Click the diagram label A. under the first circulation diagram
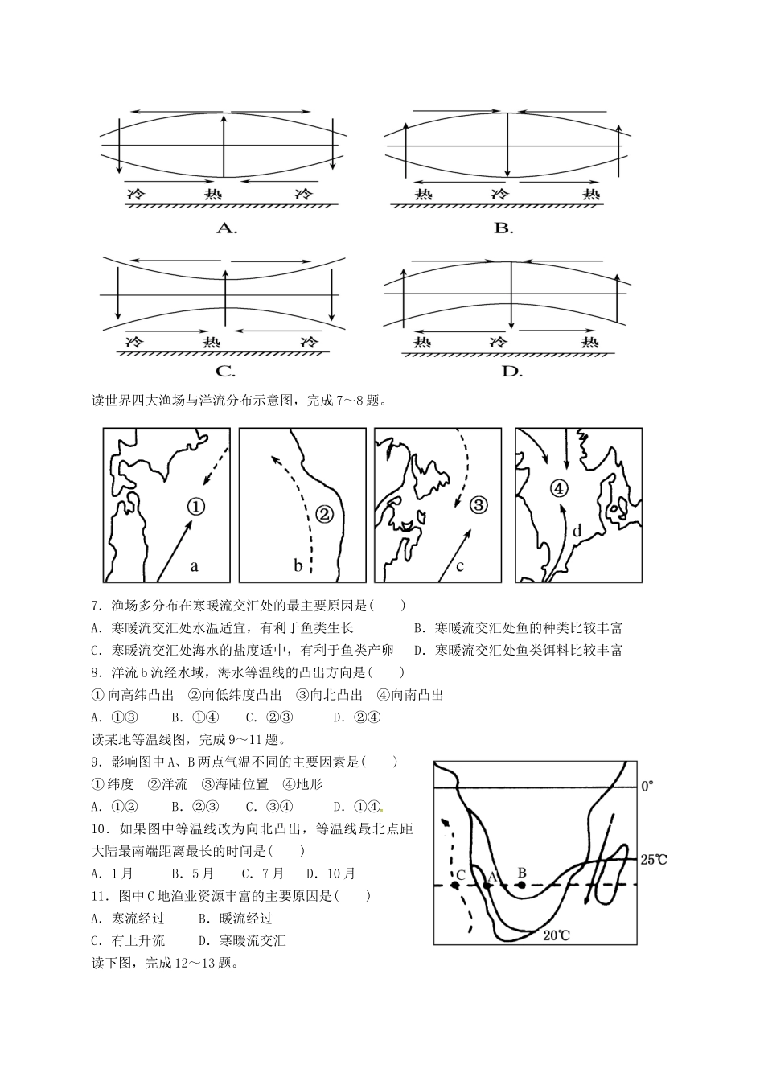[x=227, y=228]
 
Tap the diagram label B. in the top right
[x=503, y=228]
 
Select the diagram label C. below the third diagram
[x=225, y=372]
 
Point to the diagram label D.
[x=511, y=372]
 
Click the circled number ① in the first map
[x=196, y=506]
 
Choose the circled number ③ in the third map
[x=478, y=505]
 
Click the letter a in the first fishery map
[x=194, y=565]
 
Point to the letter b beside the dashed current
[x=298, y=566]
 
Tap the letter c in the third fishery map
[x=460, y=565]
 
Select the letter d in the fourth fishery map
[x=577, y=531]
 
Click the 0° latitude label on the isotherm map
[x=648, y=786]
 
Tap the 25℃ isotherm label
[x=653, y=860]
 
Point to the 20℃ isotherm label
[x=557, y=935]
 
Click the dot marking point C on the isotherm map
[x=455, y=886]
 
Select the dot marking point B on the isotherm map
[x=521, y=886]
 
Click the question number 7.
[x=96, y=606]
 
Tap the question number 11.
[x=99, y=895]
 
